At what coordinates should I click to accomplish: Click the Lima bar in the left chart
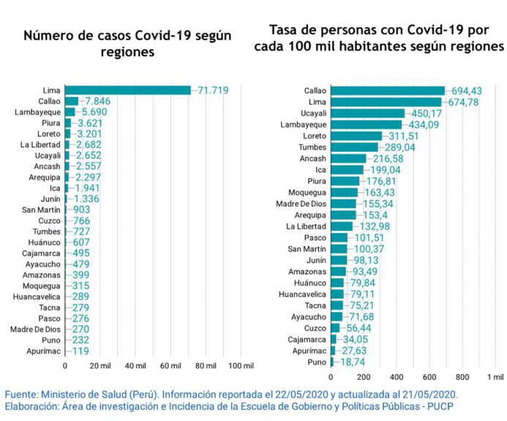(x=127, y=91)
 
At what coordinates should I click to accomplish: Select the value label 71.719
(x=213, y=91)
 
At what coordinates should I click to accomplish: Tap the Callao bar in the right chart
(x=387, y=91)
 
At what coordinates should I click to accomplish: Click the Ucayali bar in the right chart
(x=367, y=113)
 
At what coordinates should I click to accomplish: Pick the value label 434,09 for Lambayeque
(x=424, y=125)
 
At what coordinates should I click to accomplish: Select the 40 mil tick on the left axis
(x=135, y=365)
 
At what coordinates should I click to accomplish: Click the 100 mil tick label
(x=241, y=365)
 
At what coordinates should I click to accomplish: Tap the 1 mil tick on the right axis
(x=495, y=376)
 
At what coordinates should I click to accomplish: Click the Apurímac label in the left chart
(x=42, y=352)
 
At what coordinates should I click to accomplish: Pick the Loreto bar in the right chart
(x=356, y=136)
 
